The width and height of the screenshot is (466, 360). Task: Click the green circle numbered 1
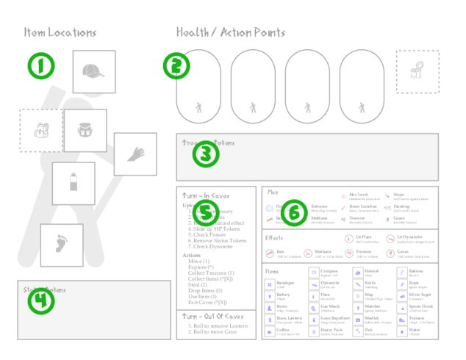(x=41, y=65)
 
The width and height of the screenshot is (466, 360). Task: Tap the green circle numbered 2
(x=176, y=66)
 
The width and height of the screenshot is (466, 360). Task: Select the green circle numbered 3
(x=206, y=154)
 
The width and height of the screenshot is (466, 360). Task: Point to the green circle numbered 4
(x=41, y=301)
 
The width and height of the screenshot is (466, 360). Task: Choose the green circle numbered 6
(x=294, y=212)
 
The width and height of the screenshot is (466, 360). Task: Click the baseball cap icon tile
(x=94, y=71)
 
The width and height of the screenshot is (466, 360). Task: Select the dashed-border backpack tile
(x=40, y=131)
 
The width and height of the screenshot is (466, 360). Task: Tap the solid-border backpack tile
(x=85, y=130)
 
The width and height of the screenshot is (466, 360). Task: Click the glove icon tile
(x=135, y=154)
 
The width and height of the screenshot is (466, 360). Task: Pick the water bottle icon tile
(x=74, y=183)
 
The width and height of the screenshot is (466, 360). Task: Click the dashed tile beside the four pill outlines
(x=417, y=71)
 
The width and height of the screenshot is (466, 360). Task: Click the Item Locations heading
(x=60, y=32)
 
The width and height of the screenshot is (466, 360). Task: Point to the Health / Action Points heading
(x=231, y=32)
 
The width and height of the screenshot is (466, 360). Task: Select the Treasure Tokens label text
(x=208, y=143)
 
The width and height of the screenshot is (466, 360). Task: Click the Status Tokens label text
(x=44, y=289)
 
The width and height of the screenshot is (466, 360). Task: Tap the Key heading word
(x=272, y=192)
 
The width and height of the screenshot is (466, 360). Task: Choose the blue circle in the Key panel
(x=270, y=208)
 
